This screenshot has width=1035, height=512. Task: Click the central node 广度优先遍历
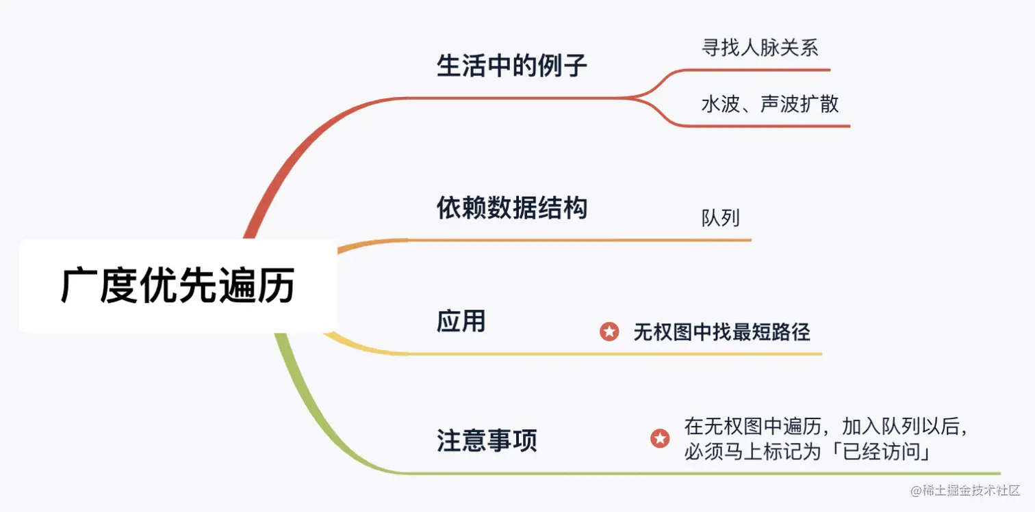point(178,286)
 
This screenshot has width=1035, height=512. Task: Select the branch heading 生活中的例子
point(512,67)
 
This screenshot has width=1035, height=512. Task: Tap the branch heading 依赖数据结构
point(512,208)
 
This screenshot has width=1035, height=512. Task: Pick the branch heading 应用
point(461,321)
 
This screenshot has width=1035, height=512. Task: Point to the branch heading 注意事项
point(487,440)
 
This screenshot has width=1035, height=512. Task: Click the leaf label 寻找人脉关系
point(760,47)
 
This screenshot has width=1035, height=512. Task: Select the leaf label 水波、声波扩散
point(770,104)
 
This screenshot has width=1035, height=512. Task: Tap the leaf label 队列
point(721,218)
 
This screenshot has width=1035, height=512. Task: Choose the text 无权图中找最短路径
point(721,332)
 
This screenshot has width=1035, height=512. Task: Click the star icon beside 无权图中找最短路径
point(609,332)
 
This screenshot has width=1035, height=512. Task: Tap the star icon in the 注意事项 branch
point(660,439)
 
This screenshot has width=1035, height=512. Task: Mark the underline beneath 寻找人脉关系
point(760,70)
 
